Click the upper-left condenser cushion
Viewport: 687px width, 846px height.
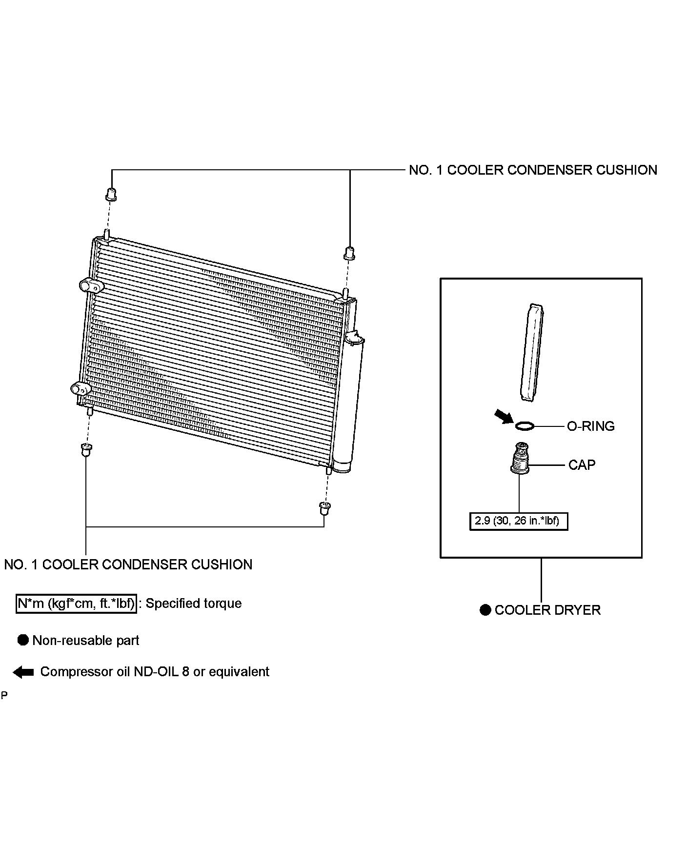click(x=111, y=194)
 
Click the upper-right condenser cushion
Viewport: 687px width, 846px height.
click(x=349, y=253)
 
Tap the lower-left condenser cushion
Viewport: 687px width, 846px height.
click(x=86, y=449)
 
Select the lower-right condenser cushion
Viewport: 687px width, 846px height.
click(x=323, y=508)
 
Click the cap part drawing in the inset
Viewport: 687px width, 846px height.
click(x=520, y=459)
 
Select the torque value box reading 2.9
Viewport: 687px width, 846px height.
click(x=518, y=521)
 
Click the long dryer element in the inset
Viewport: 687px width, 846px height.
click(x=532, y=353)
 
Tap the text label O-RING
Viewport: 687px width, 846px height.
click(x=590, y=426)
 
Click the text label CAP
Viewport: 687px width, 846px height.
click(x=582, y=465)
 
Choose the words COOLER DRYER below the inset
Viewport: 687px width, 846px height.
click(x=547, y=610)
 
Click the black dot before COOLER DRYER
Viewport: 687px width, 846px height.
click(x=485, y=610)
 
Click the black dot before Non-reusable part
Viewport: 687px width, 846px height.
click(x=23, y=641)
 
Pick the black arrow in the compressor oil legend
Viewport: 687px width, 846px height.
click(x=23, y=672)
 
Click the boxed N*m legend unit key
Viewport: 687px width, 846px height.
click(x=76, y=604)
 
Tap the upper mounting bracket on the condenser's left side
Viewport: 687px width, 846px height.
click(x=89, y=285)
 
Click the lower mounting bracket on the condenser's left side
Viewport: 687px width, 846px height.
click(x=81, y=389)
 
